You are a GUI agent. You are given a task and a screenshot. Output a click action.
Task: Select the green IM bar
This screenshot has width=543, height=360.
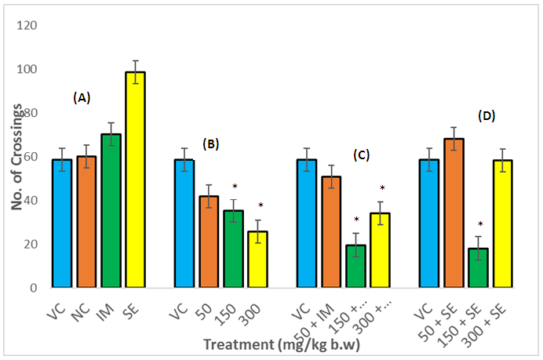(111, 211)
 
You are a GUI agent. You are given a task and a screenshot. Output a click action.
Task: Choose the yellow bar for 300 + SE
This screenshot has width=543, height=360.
(504, 224)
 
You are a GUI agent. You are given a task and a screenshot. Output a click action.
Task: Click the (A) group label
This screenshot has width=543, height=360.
(82, 98)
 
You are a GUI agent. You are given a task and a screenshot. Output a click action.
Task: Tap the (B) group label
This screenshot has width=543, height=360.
(211, 144)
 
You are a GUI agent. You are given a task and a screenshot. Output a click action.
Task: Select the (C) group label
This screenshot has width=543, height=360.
(363, 155)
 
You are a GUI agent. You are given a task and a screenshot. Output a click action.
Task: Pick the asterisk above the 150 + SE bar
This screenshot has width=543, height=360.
(479, 224)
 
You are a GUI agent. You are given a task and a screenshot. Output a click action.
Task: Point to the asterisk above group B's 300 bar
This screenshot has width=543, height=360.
(261, 205)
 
